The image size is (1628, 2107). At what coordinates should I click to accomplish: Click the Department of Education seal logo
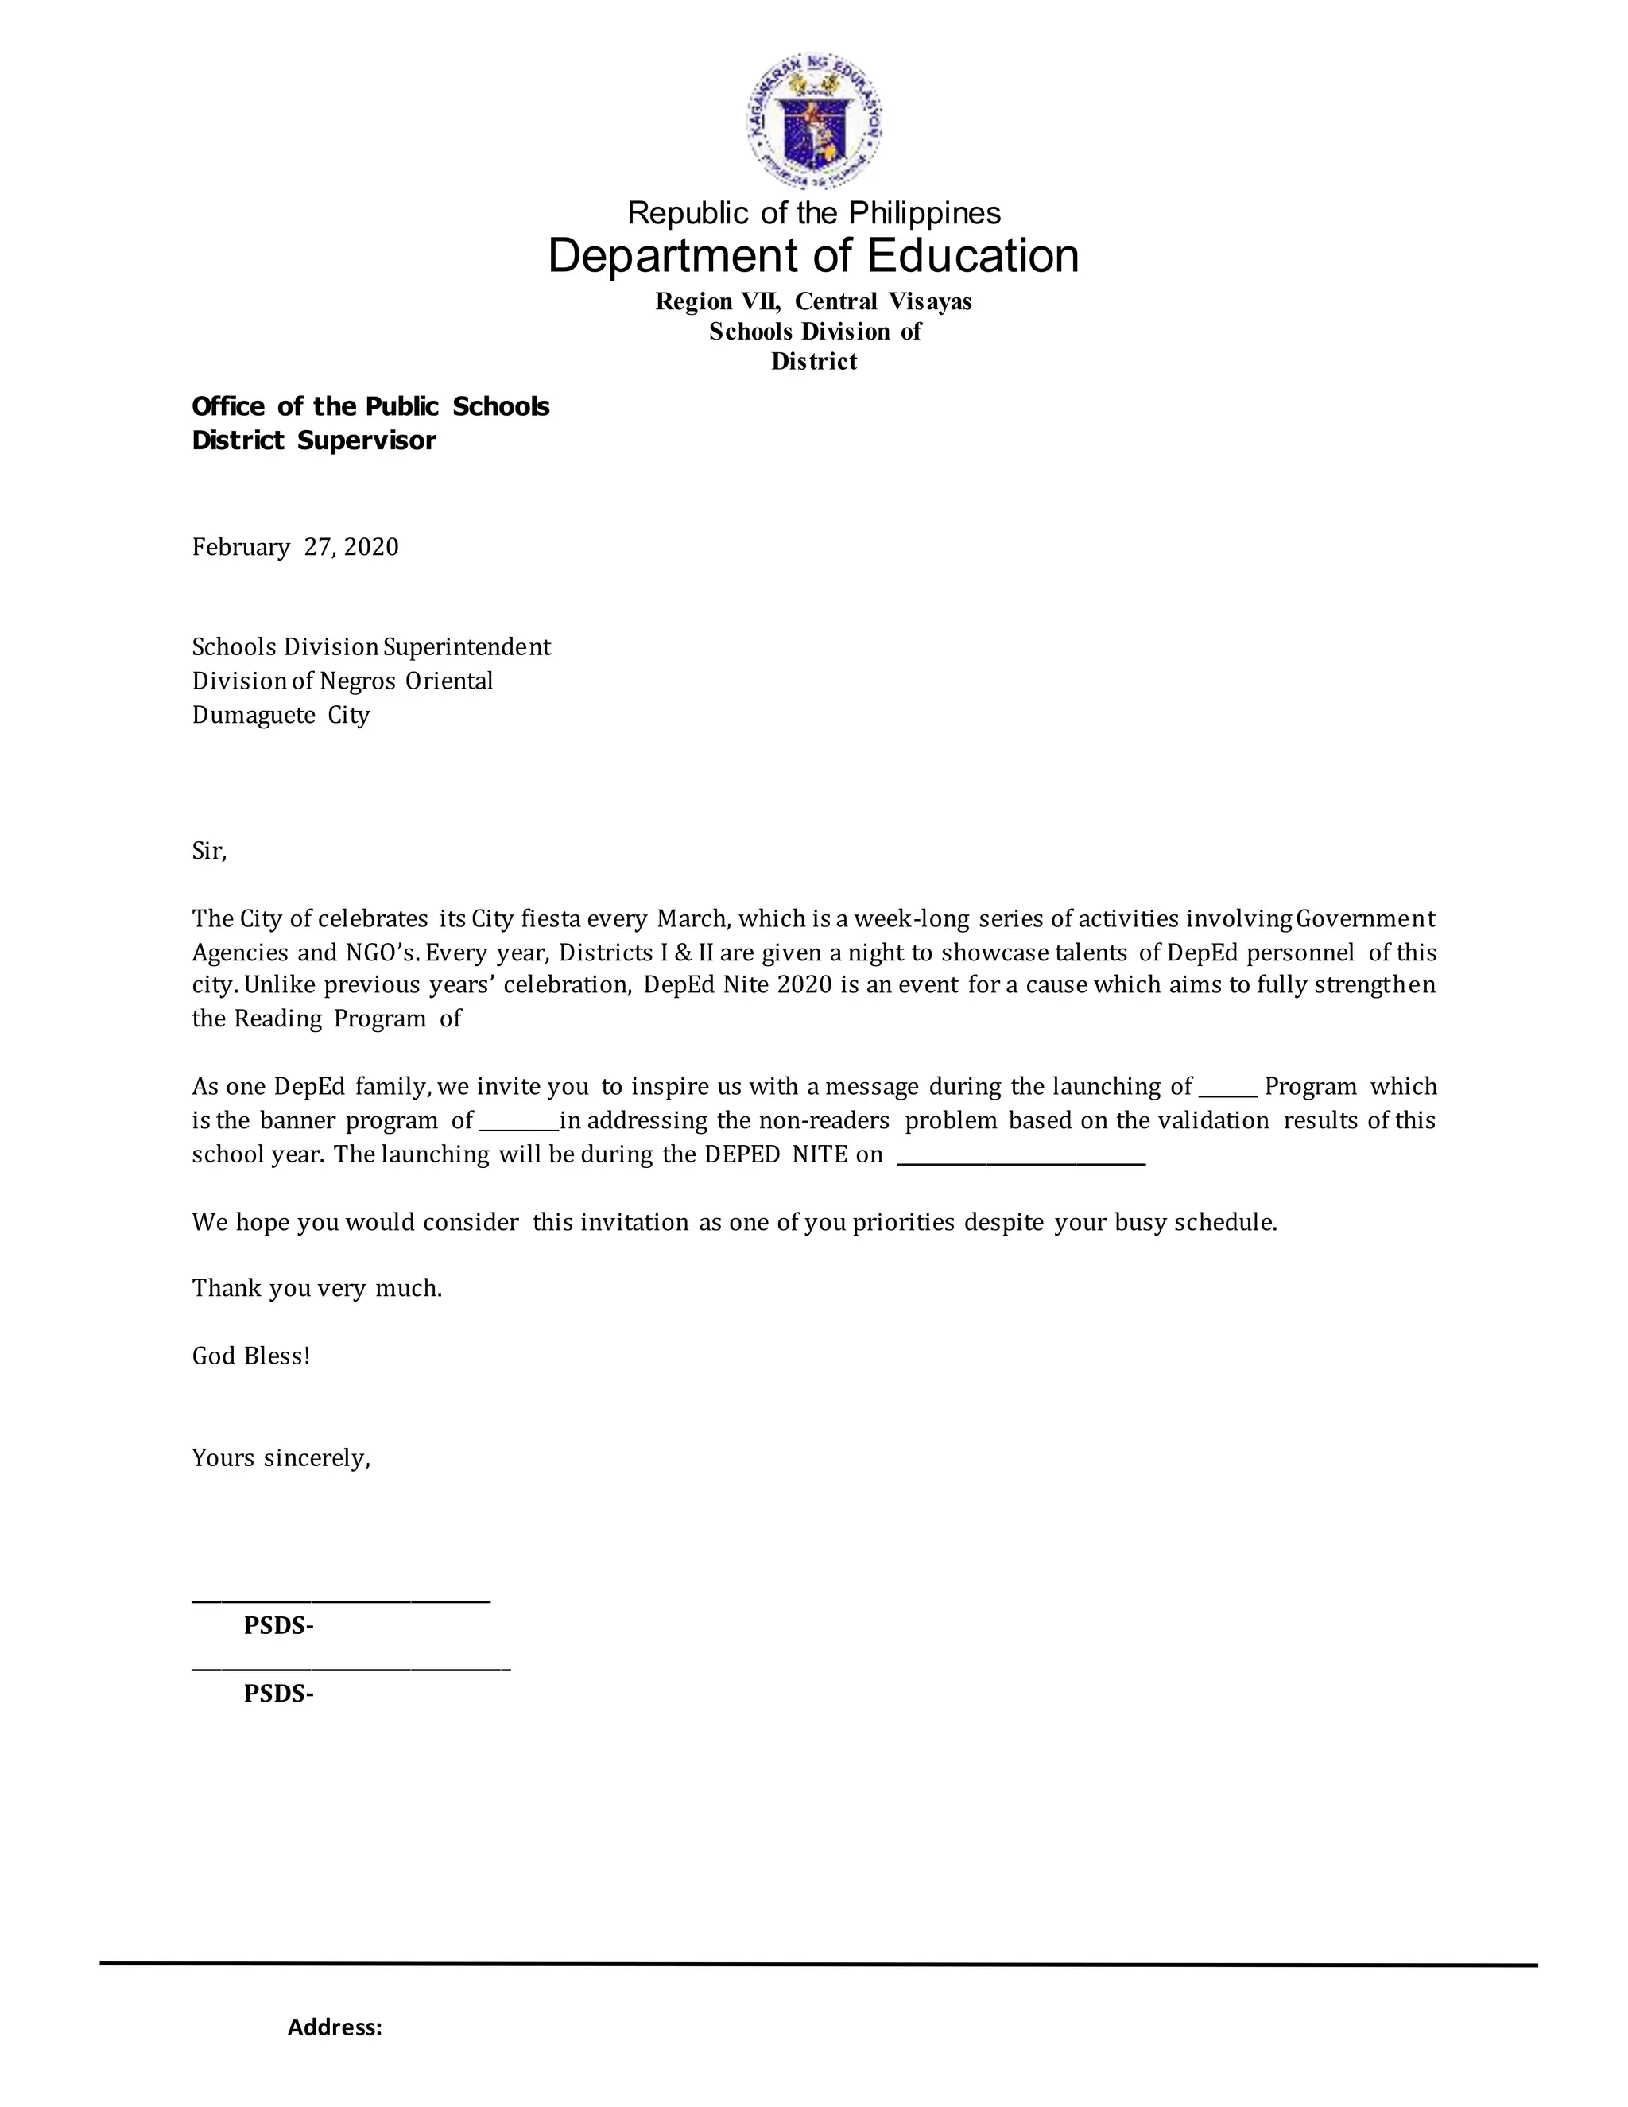(x=813, y=122)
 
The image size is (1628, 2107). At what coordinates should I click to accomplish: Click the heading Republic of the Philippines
(x=813, y=212)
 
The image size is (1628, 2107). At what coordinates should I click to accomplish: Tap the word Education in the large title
(x=972, y=257)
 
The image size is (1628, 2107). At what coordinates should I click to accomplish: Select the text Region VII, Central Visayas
(x=813, y=302)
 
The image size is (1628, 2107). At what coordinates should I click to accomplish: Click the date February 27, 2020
(x=295, y=548)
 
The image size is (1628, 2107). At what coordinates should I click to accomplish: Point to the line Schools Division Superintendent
(x=371, y=646)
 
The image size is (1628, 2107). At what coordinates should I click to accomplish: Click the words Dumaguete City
(x=281, y=715)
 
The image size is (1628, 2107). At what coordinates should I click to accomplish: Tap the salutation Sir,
(x=209, y=851)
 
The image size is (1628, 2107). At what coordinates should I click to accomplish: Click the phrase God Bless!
(x=250, y=1356)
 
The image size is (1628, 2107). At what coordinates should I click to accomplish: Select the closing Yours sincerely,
(x=281, y=1457)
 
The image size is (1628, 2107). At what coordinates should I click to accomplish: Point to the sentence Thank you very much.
(x=316, y=1288)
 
